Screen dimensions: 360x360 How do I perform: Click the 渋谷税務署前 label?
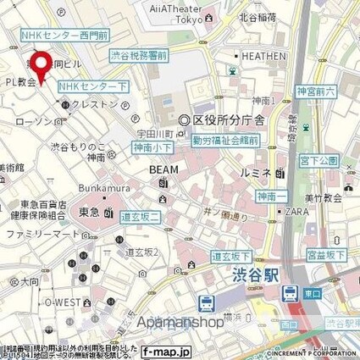pos(138,55)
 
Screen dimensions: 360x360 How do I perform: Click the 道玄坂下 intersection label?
pos(230,256)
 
